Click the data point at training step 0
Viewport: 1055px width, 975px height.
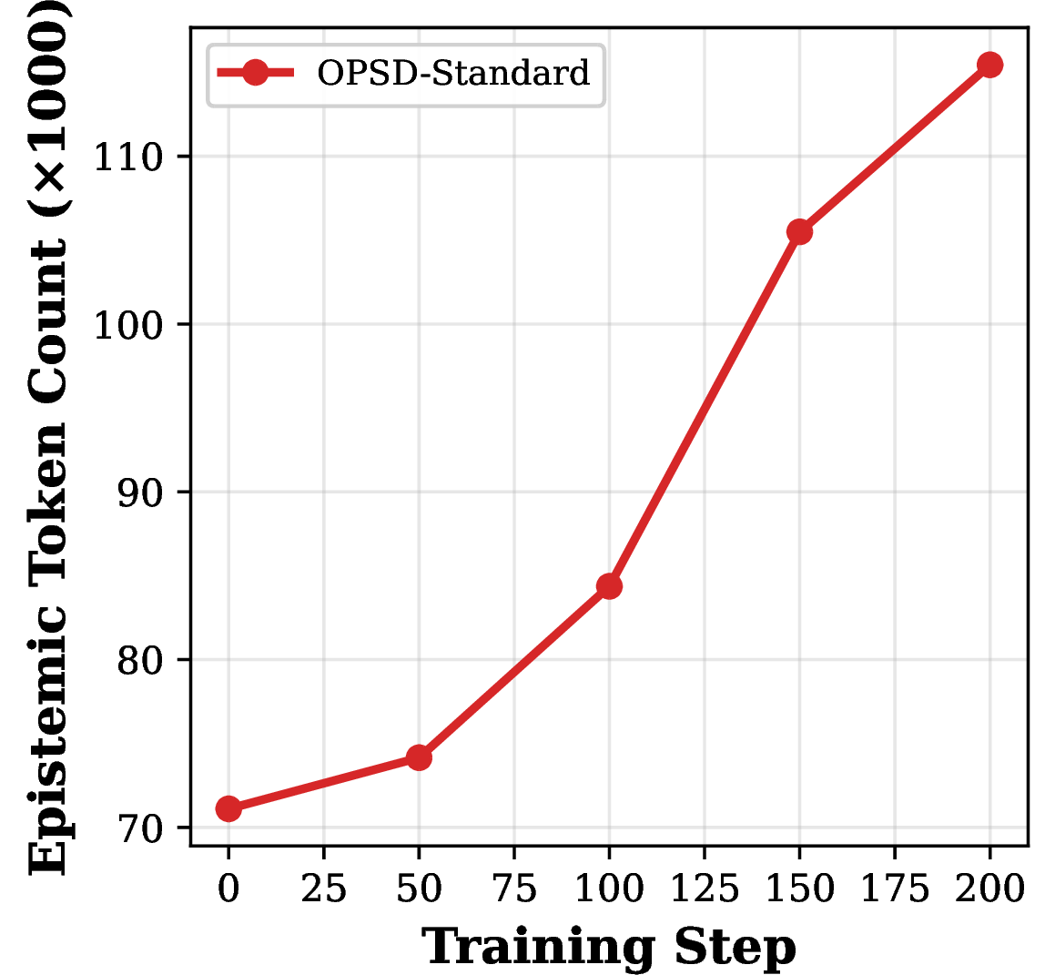tap(228, 808)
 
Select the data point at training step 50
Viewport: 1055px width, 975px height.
tap(419, 757)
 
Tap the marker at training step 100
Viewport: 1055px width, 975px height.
tap(610, 586)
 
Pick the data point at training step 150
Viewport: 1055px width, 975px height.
tap(799, 232)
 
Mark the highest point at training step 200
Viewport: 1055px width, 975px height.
tap(989, 65)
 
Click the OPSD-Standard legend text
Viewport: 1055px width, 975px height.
tap(453, 73)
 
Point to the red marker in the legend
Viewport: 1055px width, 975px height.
tap(256, 72)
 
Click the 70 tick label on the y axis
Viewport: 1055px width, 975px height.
tap(140, 829)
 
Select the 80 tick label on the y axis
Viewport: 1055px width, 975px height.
tap(140, 661)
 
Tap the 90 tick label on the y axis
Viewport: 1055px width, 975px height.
tap(140, 493)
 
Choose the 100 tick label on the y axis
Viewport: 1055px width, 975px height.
tap(129, 326)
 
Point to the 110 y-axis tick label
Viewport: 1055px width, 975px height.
tap(129, 158)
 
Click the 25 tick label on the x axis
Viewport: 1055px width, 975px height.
tap(324, 889)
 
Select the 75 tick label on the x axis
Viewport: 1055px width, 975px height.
tap(514, 889)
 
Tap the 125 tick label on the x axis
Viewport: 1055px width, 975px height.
tap(705, 889)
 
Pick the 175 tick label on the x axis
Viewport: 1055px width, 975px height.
tap(895, 889)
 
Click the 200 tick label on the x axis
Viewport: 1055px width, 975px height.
tap(989, 889)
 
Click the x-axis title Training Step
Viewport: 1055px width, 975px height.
tap(609, 948)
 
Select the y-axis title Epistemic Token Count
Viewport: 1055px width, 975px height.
tap(48, 557)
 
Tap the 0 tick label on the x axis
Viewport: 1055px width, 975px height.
tap(228, 889)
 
